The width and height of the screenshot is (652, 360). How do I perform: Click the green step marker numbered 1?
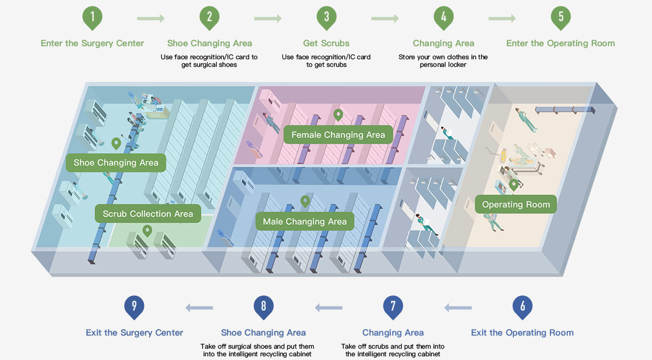[92, 17]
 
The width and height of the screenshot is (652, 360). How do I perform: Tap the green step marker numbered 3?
[327, 17]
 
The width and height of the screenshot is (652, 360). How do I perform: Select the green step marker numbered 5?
[561, 17]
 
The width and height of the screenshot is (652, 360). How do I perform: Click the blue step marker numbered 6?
[522, 306]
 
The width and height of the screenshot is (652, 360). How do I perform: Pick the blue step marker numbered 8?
[264, 306]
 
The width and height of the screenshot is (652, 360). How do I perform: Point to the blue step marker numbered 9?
[134, 306]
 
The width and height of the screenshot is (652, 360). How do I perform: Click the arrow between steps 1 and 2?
[151, 19]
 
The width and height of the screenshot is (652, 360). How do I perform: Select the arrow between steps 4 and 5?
[502, 19]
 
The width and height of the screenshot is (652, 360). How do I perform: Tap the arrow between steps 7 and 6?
[458, 308]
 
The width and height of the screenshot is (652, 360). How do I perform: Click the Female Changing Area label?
[338, 135]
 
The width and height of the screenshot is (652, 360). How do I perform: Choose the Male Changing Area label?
[304, 222]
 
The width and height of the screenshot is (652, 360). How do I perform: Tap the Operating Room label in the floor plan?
[516, 205]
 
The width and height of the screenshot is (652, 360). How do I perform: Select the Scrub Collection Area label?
[148, 214]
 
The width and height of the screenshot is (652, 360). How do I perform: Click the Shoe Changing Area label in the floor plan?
[116, 162]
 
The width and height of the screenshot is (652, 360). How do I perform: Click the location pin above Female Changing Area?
[338, 115]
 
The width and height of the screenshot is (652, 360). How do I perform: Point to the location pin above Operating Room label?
[513, 185]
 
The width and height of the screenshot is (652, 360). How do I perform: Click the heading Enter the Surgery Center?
[92, 43]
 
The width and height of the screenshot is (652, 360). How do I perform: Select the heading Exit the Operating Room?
[522, 332]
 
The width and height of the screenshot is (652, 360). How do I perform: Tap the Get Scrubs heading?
[327, 43]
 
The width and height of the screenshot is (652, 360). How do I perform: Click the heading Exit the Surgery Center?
[134, 332]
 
